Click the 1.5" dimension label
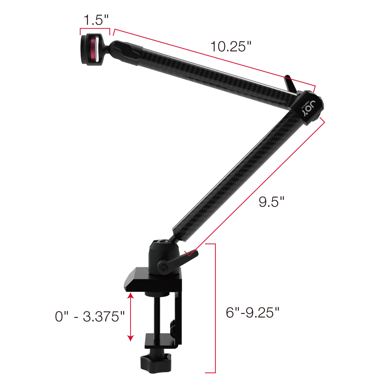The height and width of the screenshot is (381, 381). [96, 20]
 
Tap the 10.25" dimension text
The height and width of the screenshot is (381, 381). [231, 47]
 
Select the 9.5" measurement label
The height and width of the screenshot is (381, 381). [271, 202]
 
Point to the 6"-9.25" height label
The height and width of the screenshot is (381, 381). [252, 313]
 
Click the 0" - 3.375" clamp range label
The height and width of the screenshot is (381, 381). [90, 316]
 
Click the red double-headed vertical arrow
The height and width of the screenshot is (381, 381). [130, 317]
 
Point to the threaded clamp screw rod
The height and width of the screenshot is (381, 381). [156, 316]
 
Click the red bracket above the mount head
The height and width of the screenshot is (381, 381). [95, 29]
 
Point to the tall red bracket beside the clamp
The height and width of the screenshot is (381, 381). [214, 308]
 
